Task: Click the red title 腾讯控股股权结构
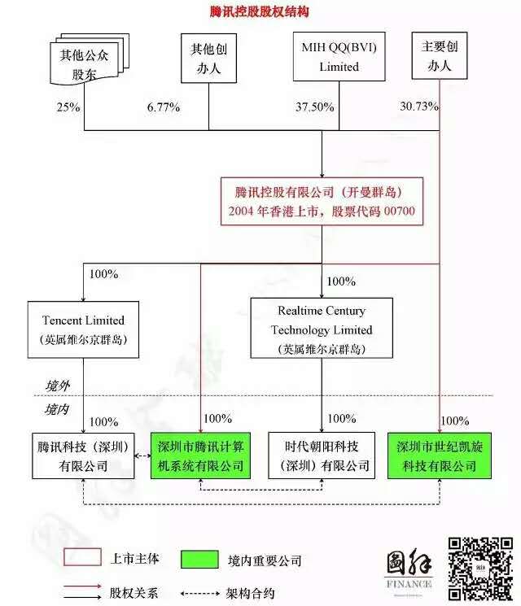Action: pos(260,12)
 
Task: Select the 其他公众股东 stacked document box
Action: pos(90,59)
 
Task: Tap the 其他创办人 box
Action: pos(209,58)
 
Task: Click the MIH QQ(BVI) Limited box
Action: pos(339,56)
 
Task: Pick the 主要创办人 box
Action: pos(440,55)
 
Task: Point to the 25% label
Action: pos(68,107)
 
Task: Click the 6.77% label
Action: pos(164,107)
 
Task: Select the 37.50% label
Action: pos(315,107)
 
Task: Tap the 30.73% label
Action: pos(419,106)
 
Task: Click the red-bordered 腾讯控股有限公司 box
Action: pos(322,202)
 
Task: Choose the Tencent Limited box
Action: pos(83,329)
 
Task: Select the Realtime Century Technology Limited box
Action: pos(322,328)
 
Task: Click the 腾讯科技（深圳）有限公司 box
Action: pos(83,456)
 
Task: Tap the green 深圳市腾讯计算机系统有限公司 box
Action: pos(200,456)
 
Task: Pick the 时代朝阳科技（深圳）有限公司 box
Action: pos(322,456)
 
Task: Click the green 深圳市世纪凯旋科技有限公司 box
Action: pos(440,456)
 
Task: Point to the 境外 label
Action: pos(57,386)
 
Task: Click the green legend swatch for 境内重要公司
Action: pos(199,560)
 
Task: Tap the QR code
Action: pos(481,569)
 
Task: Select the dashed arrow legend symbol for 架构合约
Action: pos(200,593)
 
